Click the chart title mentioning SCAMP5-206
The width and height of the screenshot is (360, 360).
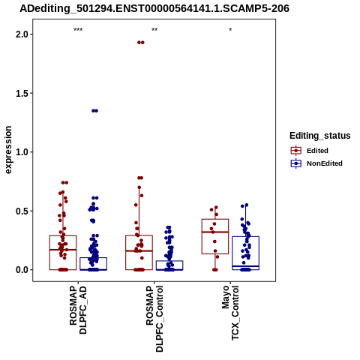(154, 8)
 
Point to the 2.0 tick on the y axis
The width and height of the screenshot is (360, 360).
(21, 34)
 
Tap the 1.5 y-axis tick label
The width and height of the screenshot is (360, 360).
(21, 93)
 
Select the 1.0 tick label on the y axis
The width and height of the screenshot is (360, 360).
(21, 152)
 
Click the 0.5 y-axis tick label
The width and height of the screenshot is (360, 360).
(21, 211)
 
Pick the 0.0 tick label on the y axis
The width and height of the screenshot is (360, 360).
(21, 270)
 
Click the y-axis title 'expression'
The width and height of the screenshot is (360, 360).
(8, 150)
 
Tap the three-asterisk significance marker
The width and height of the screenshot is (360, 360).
(78, 30)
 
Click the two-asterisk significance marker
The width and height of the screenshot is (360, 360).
(154, 30)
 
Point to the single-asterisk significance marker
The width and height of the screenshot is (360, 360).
(230, 30)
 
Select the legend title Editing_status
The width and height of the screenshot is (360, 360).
(320, 136)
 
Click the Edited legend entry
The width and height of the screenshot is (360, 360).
(317, 151)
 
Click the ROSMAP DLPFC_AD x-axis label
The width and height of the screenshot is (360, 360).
(78, 310)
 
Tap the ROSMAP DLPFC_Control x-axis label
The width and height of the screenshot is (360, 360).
(154, 319)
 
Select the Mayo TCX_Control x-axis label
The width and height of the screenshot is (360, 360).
(230, 313)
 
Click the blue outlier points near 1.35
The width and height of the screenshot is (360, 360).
(94, 111)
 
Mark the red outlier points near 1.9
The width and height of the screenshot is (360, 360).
(141, 43)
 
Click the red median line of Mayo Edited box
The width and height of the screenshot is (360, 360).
(215, 232)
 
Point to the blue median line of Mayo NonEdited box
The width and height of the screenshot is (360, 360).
(245, 266)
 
